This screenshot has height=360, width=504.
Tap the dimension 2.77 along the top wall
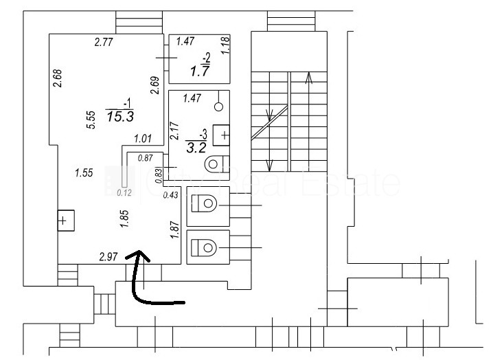[103, 43]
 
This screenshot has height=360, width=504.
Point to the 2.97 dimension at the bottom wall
[109, 258]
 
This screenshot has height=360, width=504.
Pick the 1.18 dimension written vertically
[225, 45]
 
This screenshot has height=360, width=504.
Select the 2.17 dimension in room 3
[174, 130]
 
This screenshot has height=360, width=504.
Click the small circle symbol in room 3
[219, 106]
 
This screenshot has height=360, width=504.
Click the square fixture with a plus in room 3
[221, 135]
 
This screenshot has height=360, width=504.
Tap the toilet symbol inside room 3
[214, 164]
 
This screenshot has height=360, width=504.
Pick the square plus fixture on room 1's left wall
[63, 221]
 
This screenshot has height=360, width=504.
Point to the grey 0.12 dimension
[124, 193]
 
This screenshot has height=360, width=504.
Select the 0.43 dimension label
[170, 196]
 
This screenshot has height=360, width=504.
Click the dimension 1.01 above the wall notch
[143, 139]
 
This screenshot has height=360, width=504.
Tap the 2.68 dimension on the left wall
[58, 78]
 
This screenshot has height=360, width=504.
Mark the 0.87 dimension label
[146, 158]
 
